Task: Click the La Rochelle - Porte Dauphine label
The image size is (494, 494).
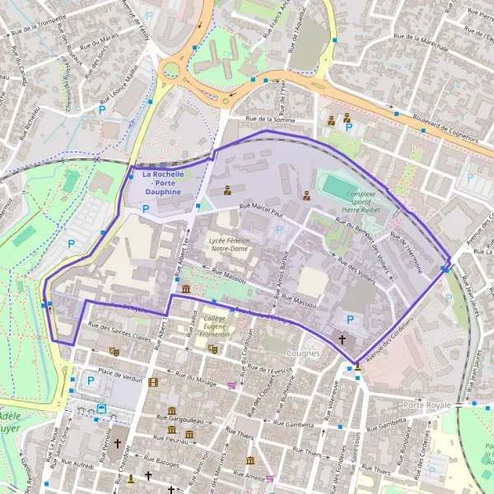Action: (x=163, y=183)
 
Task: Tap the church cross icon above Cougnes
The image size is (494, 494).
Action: (x=343, y=339)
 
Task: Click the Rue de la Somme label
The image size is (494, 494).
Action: (x=269, y=120)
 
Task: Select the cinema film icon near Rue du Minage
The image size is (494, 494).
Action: (x=154, y=382)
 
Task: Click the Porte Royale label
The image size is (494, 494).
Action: (x=427, y=407)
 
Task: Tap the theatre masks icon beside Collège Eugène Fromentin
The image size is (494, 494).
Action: (x=212, y=349)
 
